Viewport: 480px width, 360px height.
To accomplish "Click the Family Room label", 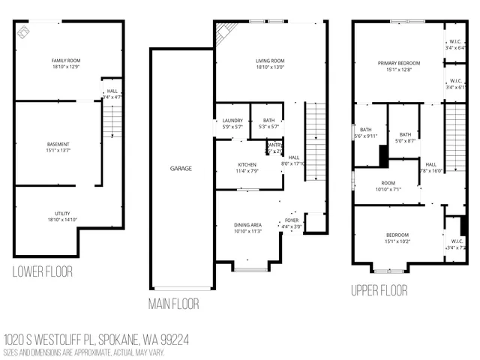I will (66, 60).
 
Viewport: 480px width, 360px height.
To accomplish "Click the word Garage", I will (181, 169).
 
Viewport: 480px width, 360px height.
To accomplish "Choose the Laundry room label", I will (232, 120).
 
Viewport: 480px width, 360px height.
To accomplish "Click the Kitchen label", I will (247, 164).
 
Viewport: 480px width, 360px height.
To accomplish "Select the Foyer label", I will (291, 220).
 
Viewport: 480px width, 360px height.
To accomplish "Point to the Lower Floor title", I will (43, 271).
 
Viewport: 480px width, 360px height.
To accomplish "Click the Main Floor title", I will (173, 304).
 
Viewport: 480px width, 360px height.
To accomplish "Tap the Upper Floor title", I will (379, 289).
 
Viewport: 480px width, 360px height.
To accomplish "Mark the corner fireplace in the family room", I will (24, 31).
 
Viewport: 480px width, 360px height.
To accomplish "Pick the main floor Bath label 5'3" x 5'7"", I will (268, 123).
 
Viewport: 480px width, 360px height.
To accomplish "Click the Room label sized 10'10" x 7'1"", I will (388, 186).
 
